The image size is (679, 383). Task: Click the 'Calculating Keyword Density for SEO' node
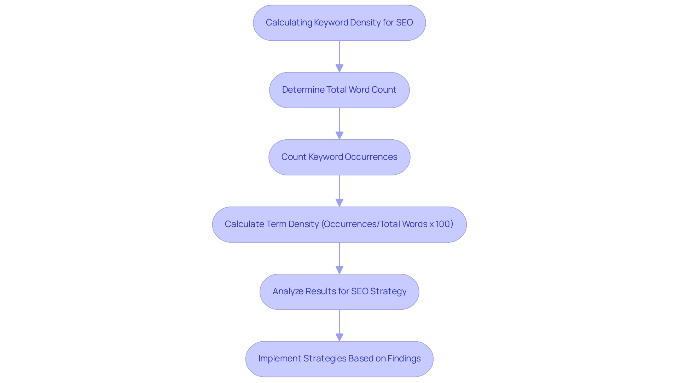(339, 23)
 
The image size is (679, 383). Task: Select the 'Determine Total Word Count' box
(339, 90)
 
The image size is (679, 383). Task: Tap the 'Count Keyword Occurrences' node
(339, 157)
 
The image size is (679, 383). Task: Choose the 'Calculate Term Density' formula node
(339, 224)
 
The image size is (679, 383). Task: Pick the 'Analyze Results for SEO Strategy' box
(339, 291)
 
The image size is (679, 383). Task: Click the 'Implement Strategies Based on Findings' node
(339, 359)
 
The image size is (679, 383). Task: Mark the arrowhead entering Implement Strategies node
(339, 337)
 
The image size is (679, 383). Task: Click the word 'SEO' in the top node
(404, 23)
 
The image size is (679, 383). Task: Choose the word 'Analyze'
(288, 291)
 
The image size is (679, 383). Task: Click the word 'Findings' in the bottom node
(404, 359)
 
